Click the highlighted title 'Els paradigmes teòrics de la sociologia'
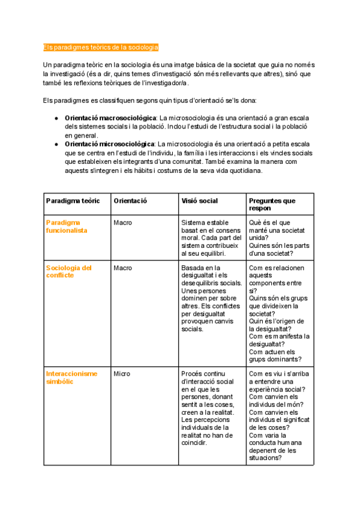tap(101, 47)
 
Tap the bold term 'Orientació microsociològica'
tap(110, 145)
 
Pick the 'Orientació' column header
tap(130, 200)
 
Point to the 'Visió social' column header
tap(199, 200)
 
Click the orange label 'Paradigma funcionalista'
tap(67, 226)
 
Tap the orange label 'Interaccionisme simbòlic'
tap(71, 377)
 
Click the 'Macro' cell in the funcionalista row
tap(122, 223)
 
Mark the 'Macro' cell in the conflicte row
tap(122, 268)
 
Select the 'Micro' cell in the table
tap(122, 373)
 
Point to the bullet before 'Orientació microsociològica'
tap(56, 145)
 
